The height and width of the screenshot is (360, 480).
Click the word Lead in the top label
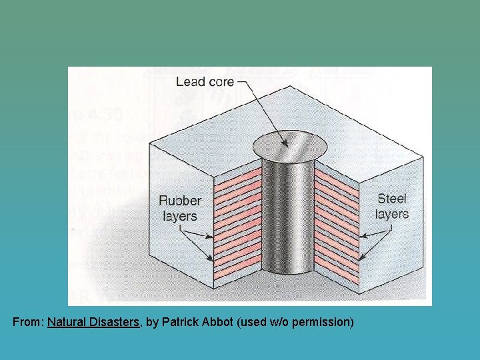[x=188, y=82]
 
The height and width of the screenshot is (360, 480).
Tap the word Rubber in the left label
[x=179, y=201]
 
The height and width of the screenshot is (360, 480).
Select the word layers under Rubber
[x=179, y=216]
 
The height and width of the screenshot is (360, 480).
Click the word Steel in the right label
[x=391, y=199]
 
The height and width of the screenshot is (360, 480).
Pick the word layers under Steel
[x=391, y=214]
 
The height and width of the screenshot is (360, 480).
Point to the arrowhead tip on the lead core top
[x=285, y=145]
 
